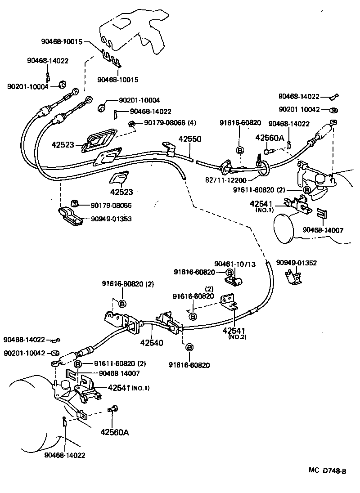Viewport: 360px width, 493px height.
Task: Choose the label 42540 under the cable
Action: [x=152, y=342]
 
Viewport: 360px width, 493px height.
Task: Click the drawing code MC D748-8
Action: [x=327, y=471]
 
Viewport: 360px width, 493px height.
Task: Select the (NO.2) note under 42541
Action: [x=236, y=337]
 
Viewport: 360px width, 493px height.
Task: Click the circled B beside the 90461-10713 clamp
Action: [x=229, y=272]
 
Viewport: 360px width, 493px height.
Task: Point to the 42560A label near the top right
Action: [x=270, y=138]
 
